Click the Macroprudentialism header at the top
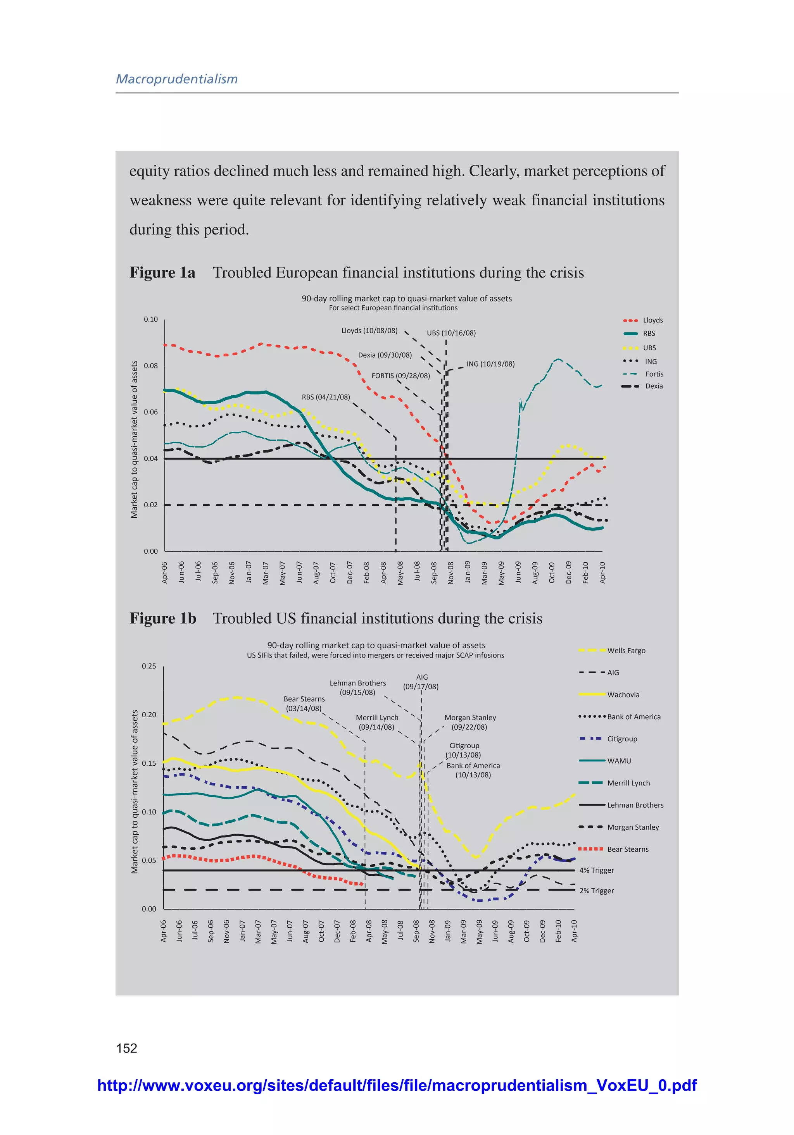177,79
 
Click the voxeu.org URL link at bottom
397,1085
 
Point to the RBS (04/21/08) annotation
326,397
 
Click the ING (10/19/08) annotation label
490,364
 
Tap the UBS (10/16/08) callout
451,333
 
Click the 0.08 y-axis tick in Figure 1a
151,366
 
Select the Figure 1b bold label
163,618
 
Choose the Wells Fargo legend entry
626,651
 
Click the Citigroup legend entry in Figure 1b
622,739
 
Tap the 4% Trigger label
596,870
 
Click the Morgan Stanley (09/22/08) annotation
469,722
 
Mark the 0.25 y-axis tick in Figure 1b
149,666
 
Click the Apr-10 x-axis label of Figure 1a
602,572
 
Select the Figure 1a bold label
162,272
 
